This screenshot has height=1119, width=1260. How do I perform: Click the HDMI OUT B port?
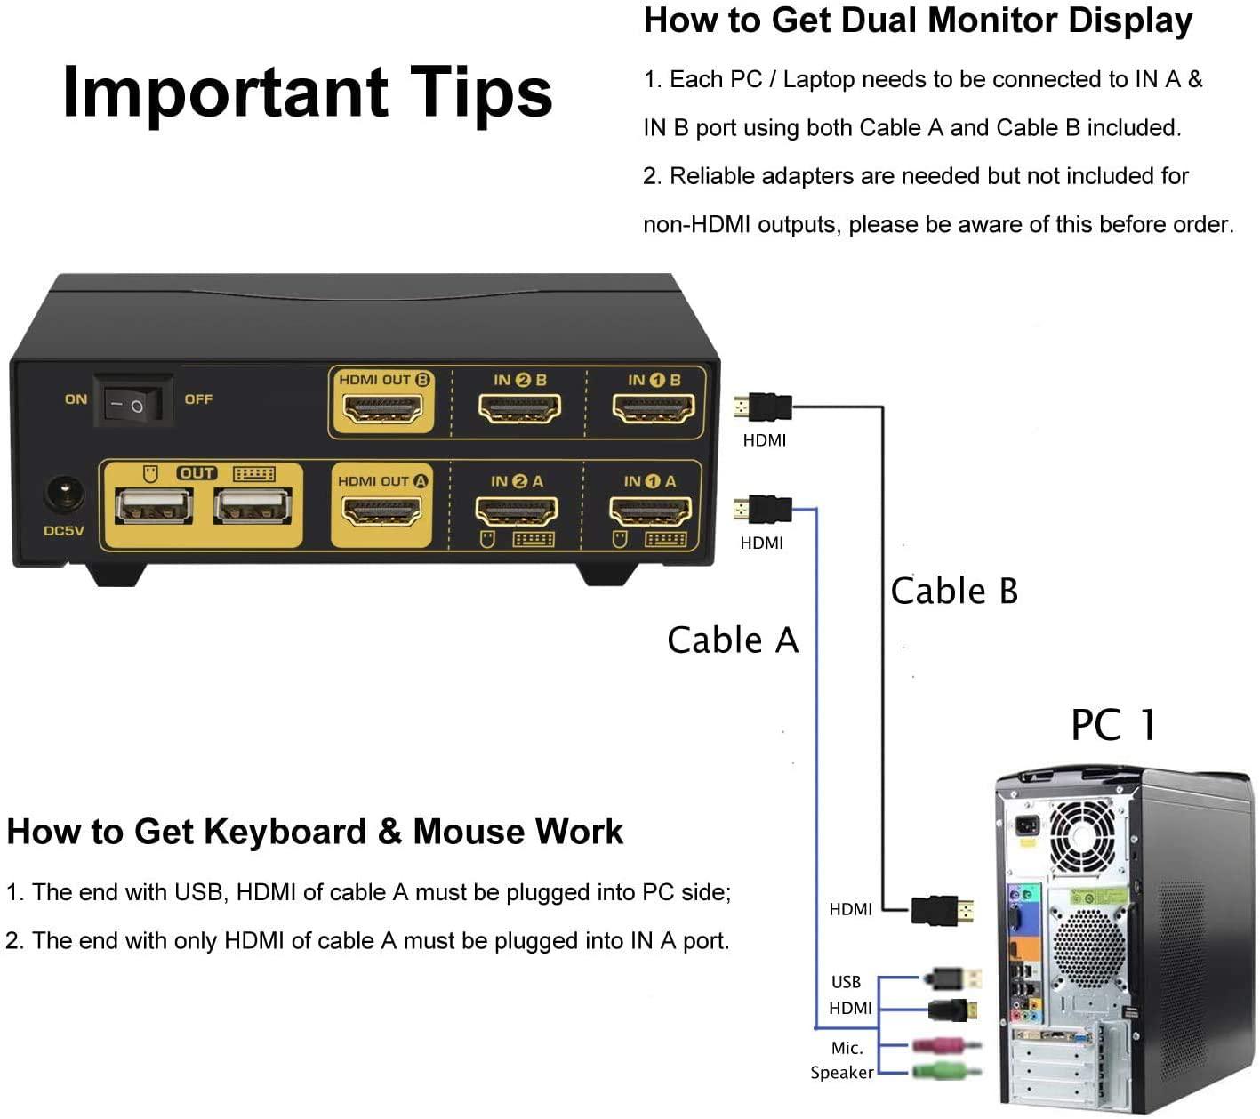click(381, 408)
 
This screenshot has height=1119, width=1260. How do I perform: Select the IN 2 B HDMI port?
click(518, 408)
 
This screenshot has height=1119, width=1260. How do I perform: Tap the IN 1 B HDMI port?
click(653, 408)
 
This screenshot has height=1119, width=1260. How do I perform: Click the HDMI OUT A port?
click(381, 511)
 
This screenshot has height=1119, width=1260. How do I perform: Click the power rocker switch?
click(132, 401)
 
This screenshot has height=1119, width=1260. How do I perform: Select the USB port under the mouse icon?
click(154, 505)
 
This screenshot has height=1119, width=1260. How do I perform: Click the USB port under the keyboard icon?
click(252, 505)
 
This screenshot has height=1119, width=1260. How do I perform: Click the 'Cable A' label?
click(733, 640)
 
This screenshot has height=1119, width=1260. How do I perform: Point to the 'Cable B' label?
click(954, 591)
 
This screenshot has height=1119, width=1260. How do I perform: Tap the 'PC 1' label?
click(1112, 725)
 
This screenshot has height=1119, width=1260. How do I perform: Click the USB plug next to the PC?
click(952, 978)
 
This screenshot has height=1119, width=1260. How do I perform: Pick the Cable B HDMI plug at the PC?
click(942, 911)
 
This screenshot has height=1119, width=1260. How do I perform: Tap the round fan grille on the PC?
click(1083, 834)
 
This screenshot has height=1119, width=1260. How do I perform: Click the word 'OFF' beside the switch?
click(198, 398)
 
